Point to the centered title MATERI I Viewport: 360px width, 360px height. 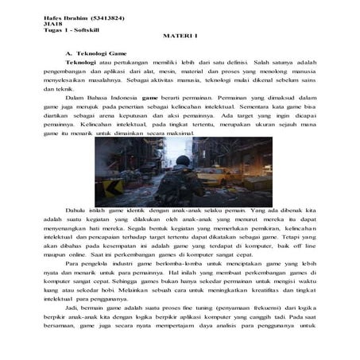[179, 37]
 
